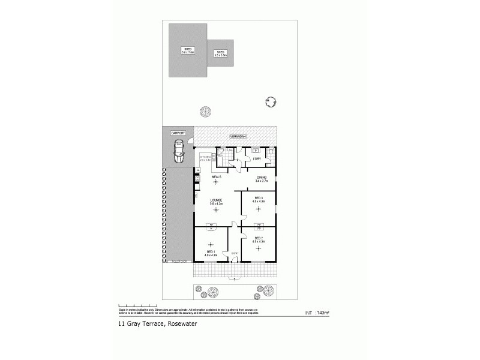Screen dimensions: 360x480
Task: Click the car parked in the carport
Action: [x=178, y=151]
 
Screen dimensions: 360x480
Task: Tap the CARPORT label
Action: [x=178, y=132]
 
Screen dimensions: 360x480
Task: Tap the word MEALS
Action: [x=217, y=177]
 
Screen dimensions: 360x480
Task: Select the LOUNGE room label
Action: [x=216, y=201]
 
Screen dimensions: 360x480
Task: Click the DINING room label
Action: [x=262, y=178]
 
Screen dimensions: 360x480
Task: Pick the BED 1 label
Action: [x=211, y=254]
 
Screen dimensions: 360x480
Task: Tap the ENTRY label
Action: [x=235, y=253]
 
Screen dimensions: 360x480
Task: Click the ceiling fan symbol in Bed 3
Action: [x=259, y=209]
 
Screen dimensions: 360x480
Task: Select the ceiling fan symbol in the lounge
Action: [x=216, y=214]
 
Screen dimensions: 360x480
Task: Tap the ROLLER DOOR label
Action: [x=179, y=262]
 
